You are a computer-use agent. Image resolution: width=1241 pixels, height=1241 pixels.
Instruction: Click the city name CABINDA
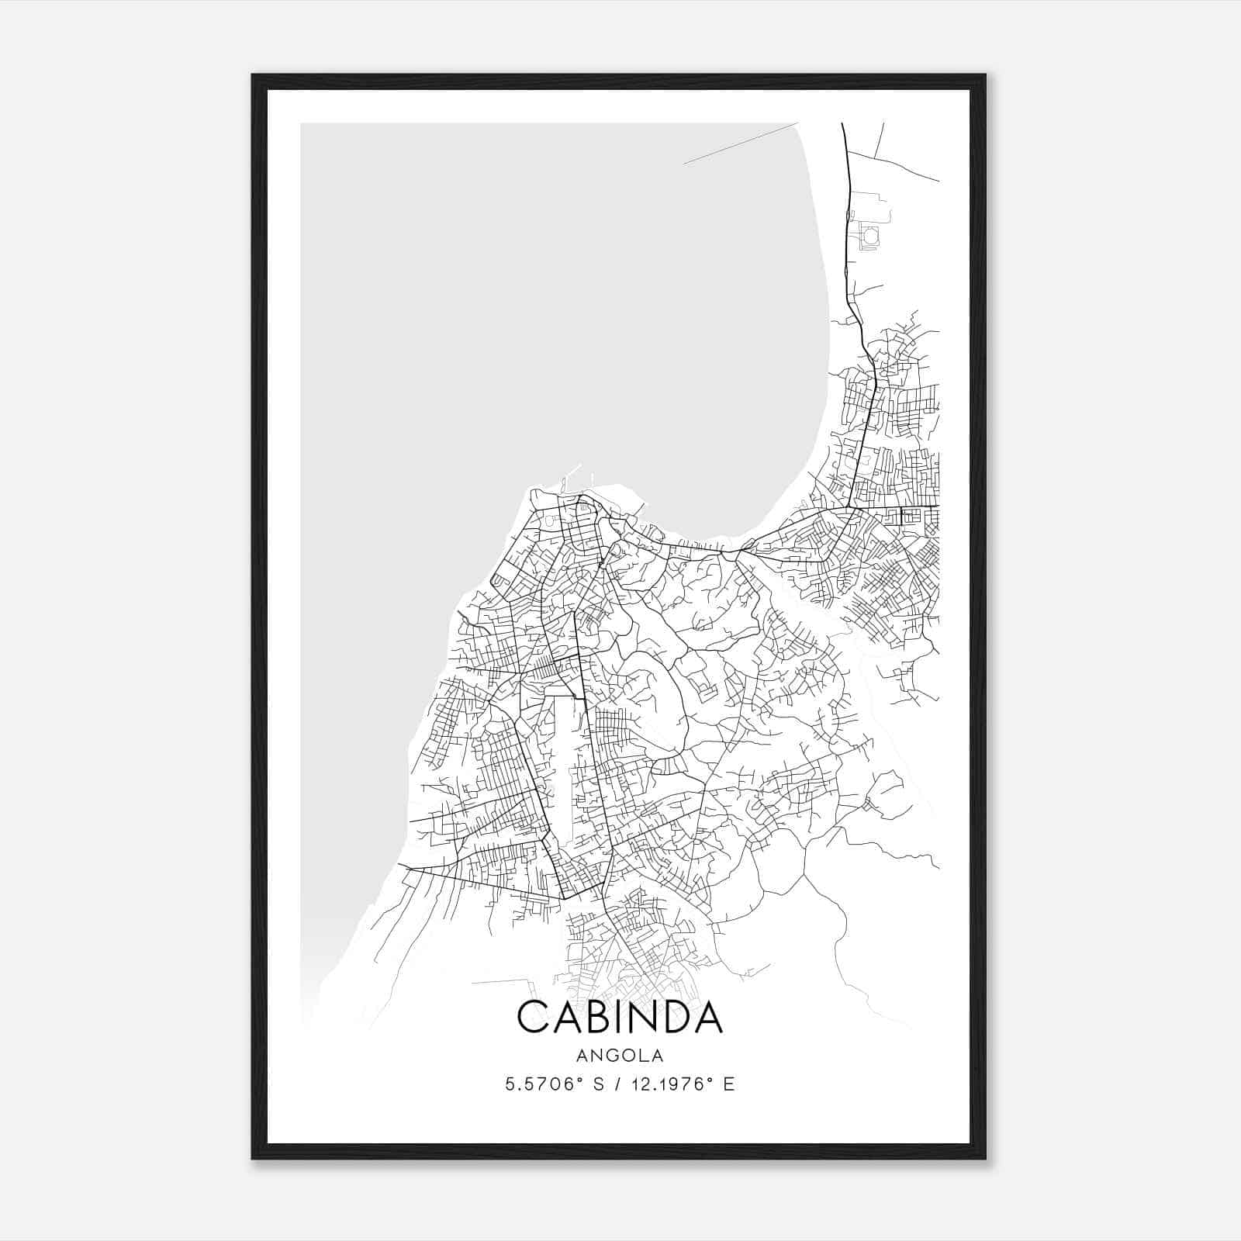click(x=620, y=1017)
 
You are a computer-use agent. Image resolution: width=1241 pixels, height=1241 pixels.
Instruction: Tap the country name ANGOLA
click(x=620, y=1056)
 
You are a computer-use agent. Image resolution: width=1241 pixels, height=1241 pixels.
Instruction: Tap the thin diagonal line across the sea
click(x=741, y=143)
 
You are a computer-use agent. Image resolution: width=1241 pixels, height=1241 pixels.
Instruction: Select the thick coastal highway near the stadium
click(x=848, y=233)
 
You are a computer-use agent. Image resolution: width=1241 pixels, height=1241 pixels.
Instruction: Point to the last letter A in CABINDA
click(x=707, y=1017)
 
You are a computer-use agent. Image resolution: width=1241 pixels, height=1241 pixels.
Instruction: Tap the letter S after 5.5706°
click(x=598, y=1084)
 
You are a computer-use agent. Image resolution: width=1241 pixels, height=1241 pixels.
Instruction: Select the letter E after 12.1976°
click(x=728, y=1084)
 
